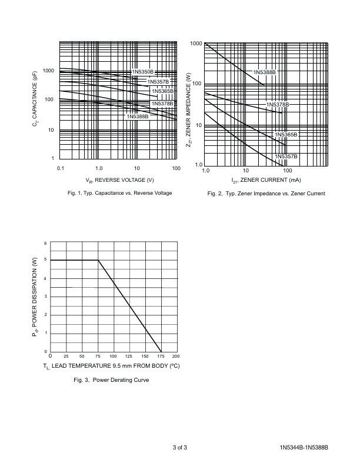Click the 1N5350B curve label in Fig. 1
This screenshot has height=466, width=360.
pyautogui.click(x=142, y=72)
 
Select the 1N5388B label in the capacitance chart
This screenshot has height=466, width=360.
pyautogui.click(x=138, y=116)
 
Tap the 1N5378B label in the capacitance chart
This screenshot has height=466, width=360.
pyautogui.click(x=162, y=104)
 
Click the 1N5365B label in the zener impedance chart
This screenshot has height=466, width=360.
pyautogui.click(x=286, y=135)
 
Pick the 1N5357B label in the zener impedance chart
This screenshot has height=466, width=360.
pyautogui.click(x=286, y=156)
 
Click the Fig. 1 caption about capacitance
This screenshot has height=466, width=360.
pyautogui.click(x=119, y=193)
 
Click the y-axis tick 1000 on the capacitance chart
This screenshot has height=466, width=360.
pyautogui.click(x=48, y=71)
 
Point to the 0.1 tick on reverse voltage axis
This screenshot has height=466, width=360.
pyautogui.click(x=60, y=169)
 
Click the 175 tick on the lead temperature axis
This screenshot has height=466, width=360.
pyautogui.click(x=161, y=357)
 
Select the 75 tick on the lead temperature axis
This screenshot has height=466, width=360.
pyautogui.click(x=98, y=357)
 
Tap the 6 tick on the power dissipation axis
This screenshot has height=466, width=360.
pyautogui.click(x=46, y=243)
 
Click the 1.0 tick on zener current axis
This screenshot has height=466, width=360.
pyautogui.click(x=205, y=171)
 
